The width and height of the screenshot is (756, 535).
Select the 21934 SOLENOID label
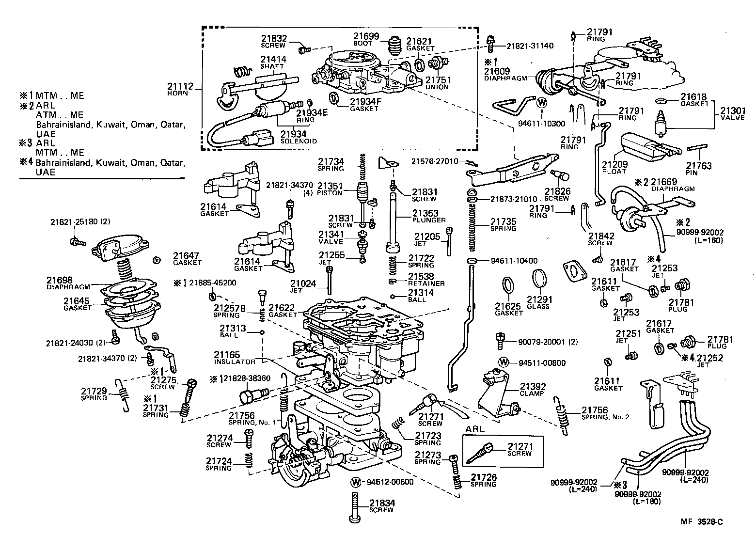pyautogui.click(x=299, y=137)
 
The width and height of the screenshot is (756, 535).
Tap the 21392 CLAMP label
pyautogui.click(x=533, y=390)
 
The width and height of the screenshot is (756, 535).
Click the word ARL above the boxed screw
pyautogui.click(x=475, y=429)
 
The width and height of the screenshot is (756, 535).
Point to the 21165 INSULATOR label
pyautogui.click(x=235, y=358)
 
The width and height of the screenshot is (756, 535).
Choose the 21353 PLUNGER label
pyautogui.click(x=428, y=216)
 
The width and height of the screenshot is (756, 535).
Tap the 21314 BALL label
pyautogui.click(x=421, y=296)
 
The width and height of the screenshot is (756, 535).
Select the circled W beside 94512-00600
pyautogui.click(x=356, y=482)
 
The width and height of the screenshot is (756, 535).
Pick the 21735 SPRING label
pyautogui.click(x=504, y=225)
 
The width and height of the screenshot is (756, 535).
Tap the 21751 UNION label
pyautogui.click(x=438, y=83)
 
